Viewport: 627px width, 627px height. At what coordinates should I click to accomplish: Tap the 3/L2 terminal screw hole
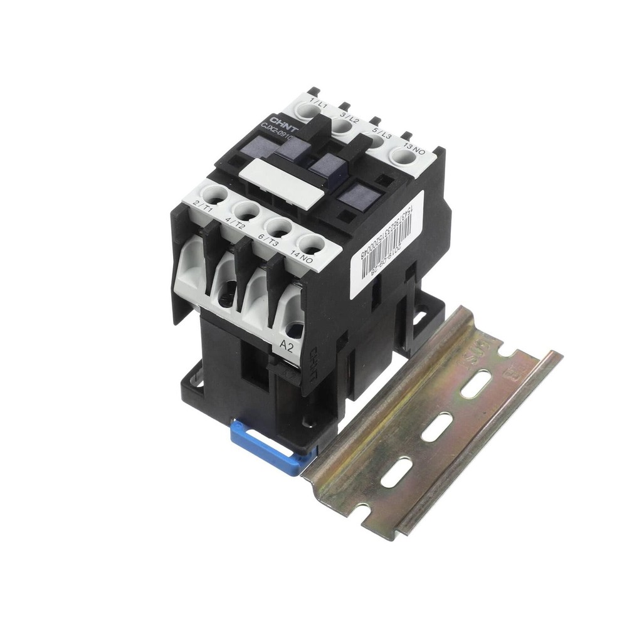click(341, 125)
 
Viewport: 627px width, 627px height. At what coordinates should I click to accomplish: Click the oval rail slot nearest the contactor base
click(396, 472)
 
